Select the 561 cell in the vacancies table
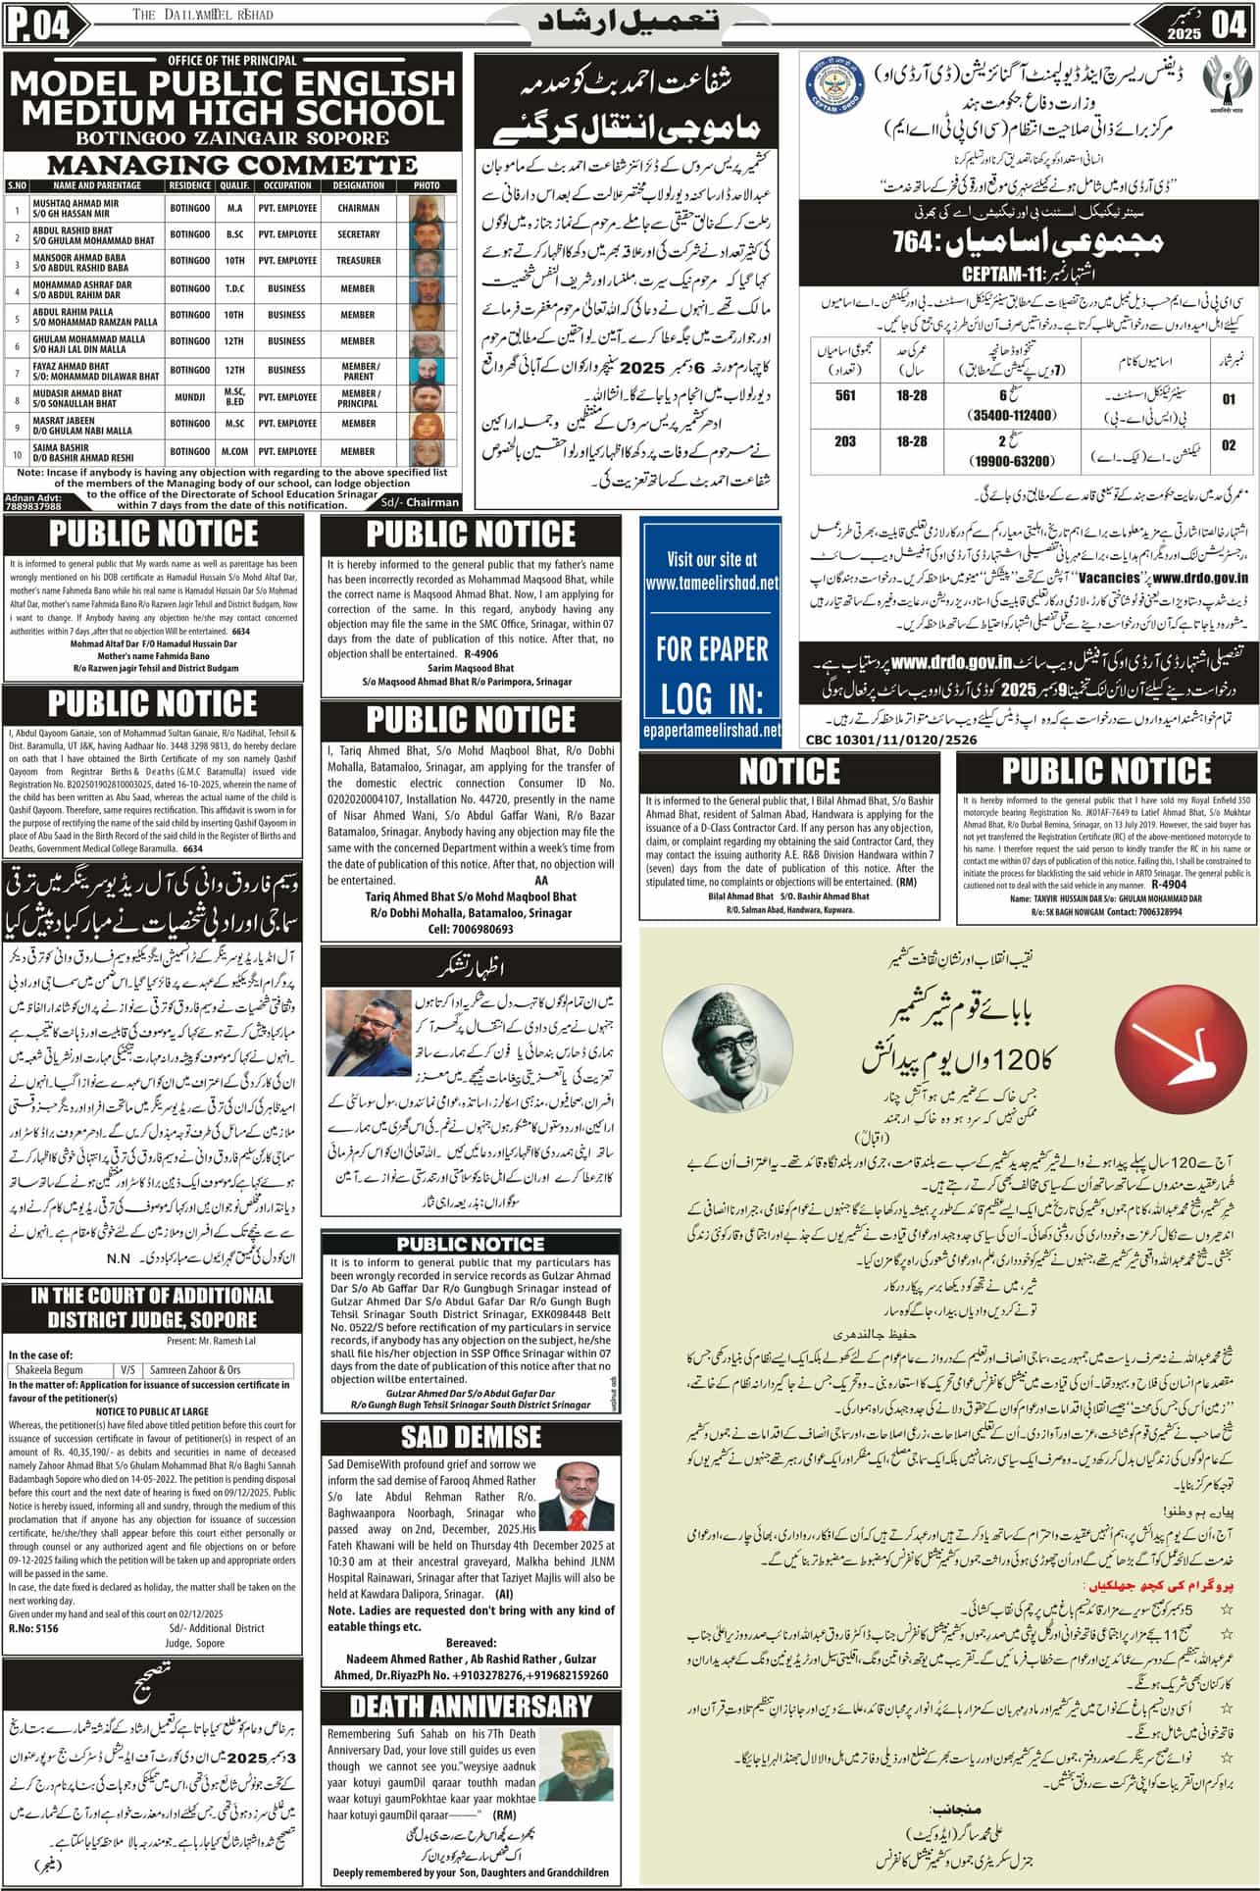845,395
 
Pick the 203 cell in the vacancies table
845,441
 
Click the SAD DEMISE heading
471,1438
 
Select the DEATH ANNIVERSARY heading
471,1706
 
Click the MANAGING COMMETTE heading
232,165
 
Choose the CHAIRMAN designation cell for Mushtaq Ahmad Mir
358,208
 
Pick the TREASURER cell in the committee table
358,261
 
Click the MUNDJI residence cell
189,397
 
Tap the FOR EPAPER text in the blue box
712,648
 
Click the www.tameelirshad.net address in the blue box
712,583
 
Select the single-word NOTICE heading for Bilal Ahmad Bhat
789,771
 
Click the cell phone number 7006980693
471,929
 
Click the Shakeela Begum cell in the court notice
61,1370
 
